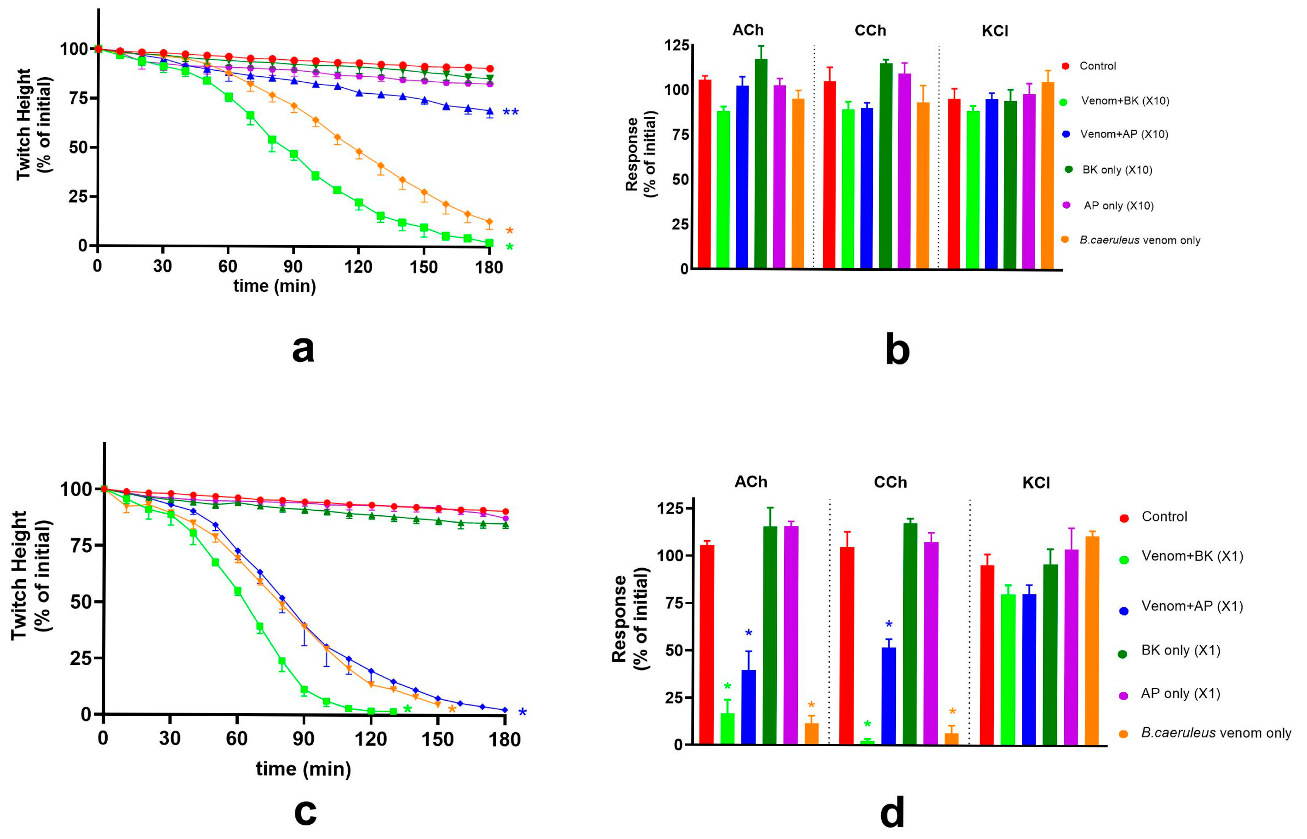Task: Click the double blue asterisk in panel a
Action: click(510, 113)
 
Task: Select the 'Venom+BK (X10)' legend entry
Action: click(1125, 101)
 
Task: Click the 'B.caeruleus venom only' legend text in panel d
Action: click(1215, 733)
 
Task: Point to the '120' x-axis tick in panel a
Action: click(358, 267)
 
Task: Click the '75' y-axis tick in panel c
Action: click(82, 545)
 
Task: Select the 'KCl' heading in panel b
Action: click(995, 31)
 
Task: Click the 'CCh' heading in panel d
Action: click(890, 482)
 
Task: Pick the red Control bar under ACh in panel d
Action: click(706, 644)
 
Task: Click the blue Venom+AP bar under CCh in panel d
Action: click(889, 696)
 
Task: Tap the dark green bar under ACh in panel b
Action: click(761, 164)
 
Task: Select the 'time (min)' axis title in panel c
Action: click(304, 769)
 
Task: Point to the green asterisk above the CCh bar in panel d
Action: click(867, 725)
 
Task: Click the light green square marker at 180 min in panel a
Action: click(489, 243)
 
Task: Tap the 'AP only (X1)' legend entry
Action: click(1180, 694)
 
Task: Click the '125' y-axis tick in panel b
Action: click(676, 45)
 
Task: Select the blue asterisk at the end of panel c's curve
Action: click(522, 712)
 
